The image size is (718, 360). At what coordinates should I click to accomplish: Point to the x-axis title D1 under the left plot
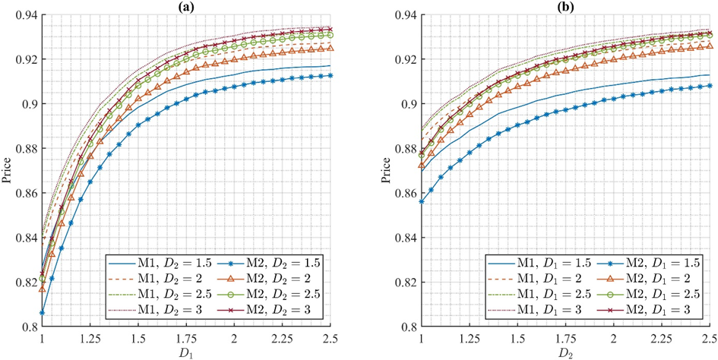[187, 352]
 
